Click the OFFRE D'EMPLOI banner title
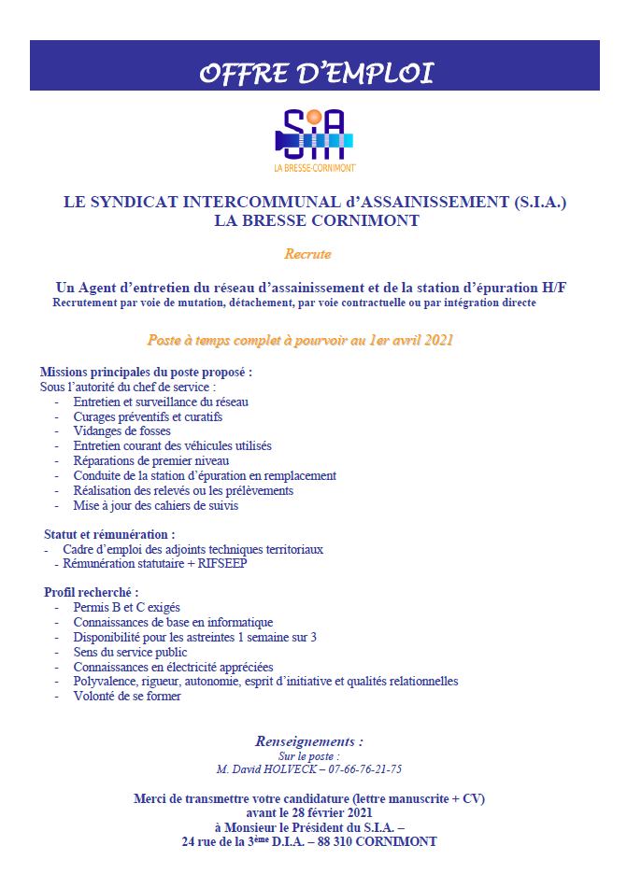[x=315, y=73]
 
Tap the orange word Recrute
[x=307, y=253]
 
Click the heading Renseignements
[x=308, y=741]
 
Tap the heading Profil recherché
[x=91, y=592]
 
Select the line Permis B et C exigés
[x=126, y=607]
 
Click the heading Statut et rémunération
[x=108, y=534]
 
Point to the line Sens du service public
[x=130, y=652]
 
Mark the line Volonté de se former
[x=127, y=696]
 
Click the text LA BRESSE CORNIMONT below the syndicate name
[x=314, y=221]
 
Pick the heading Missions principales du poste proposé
[x=146, y=372]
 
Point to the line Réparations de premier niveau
[x=150, y=460]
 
